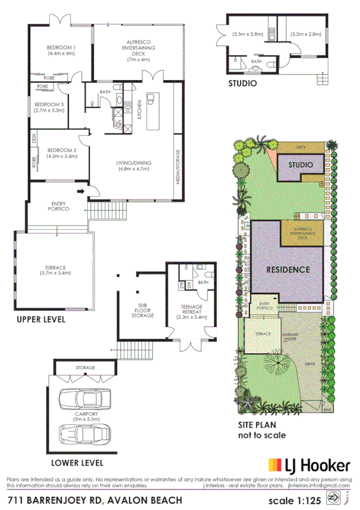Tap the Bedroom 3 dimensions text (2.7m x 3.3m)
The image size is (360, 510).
point(50,110)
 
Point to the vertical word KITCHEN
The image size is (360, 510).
point(139,109)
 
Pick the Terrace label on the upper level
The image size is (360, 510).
point(54,267)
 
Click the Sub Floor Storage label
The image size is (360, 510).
point(142,309)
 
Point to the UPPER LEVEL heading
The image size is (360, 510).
point(41,320)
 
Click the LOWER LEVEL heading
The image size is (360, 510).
point(77,462)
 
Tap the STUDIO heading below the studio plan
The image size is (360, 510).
point(242,83)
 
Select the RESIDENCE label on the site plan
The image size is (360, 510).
point(288,269)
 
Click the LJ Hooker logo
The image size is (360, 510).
point(308,464)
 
